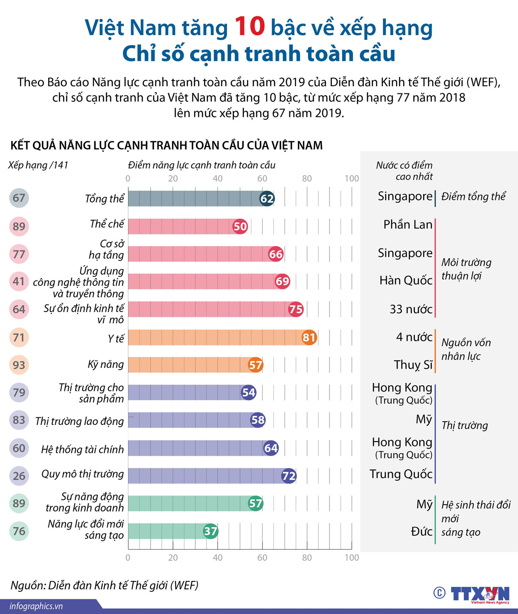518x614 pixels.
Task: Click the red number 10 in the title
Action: [249, 26]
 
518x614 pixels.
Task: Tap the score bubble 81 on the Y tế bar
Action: [309, 338]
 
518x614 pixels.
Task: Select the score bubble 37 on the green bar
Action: [210, 531]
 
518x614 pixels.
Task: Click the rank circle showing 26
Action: [19, 476]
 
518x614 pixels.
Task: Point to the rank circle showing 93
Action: [19, 365]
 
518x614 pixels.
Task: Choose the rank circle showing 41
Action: [19, 281]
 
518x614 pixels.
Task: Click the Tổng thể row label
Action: [104, 199]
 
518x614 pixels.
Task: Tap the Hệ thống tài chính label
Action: [82, 450]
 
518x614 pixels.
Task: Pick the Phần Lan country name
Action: [408, 225]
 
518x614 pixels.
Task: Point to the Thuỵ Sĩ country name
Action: [413, 365]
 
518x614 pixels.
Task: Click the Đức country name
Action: [422, 531]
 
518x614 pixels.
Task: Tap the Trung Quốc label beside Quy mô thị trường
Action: [401, 474]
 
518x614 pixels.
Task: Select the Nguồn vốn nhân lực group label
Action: [466, 349]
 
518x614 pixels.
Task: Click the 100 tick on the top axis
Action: [352, 178]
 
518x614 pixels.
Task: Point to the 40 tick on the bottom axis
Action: [218, 557]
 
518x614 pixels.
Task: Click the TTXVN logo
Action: [480, 594]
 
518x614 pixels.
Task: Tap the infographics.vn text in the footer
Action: [36, 606]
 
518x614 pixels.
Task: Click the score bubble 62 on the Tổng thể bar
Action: [267, 199]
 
